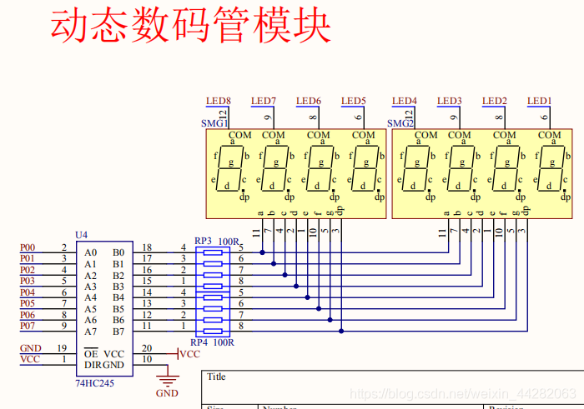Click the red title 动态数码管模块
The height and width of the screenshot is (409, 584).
[x=190, y=27]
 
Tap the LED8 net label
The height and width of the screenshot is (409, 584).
[x=219, y=102]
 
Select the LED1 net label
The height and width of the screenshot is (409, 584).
[x=540, y=102]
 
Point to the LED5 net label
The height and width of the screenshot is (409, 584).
[x=354, y=102]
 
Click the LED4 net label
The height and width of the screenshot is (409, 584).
[x=405, y=102]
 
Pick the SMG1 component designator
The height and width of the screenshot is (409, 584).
[x=214, y=122]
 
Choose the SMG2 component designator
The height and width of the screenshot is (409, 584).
[x=400, y=122]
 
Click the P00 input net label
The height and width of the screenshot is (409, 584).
[x=28, y=247]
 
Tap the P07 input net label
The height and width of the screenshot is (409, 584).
[x=28, y=326]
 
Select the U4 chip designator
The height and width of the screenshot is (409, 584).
[x=81, y=236]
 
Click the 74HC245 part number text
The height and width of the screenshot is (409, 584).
[x=95, y=382]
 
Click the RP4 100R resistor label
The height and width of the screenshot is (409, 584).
[x=212, y=342]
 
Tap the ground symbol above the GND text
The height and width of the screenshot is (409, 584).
[x=167, y=381]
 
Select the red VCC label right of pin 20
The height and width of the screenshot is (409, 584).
[x=190, y=353]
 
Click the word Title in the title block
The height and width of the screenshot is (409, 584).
[x=217, y=377]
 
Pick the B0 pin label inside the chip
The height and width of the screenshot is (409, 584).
[x=118, y=252]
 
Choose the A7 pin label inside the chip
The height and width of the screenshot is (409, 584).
[x=90, y=332]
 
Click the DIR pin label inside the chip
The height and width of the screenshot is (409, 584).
[x=93, y=365]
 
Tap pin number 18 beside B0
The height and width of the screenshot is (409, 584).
[x=147, y=247]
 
